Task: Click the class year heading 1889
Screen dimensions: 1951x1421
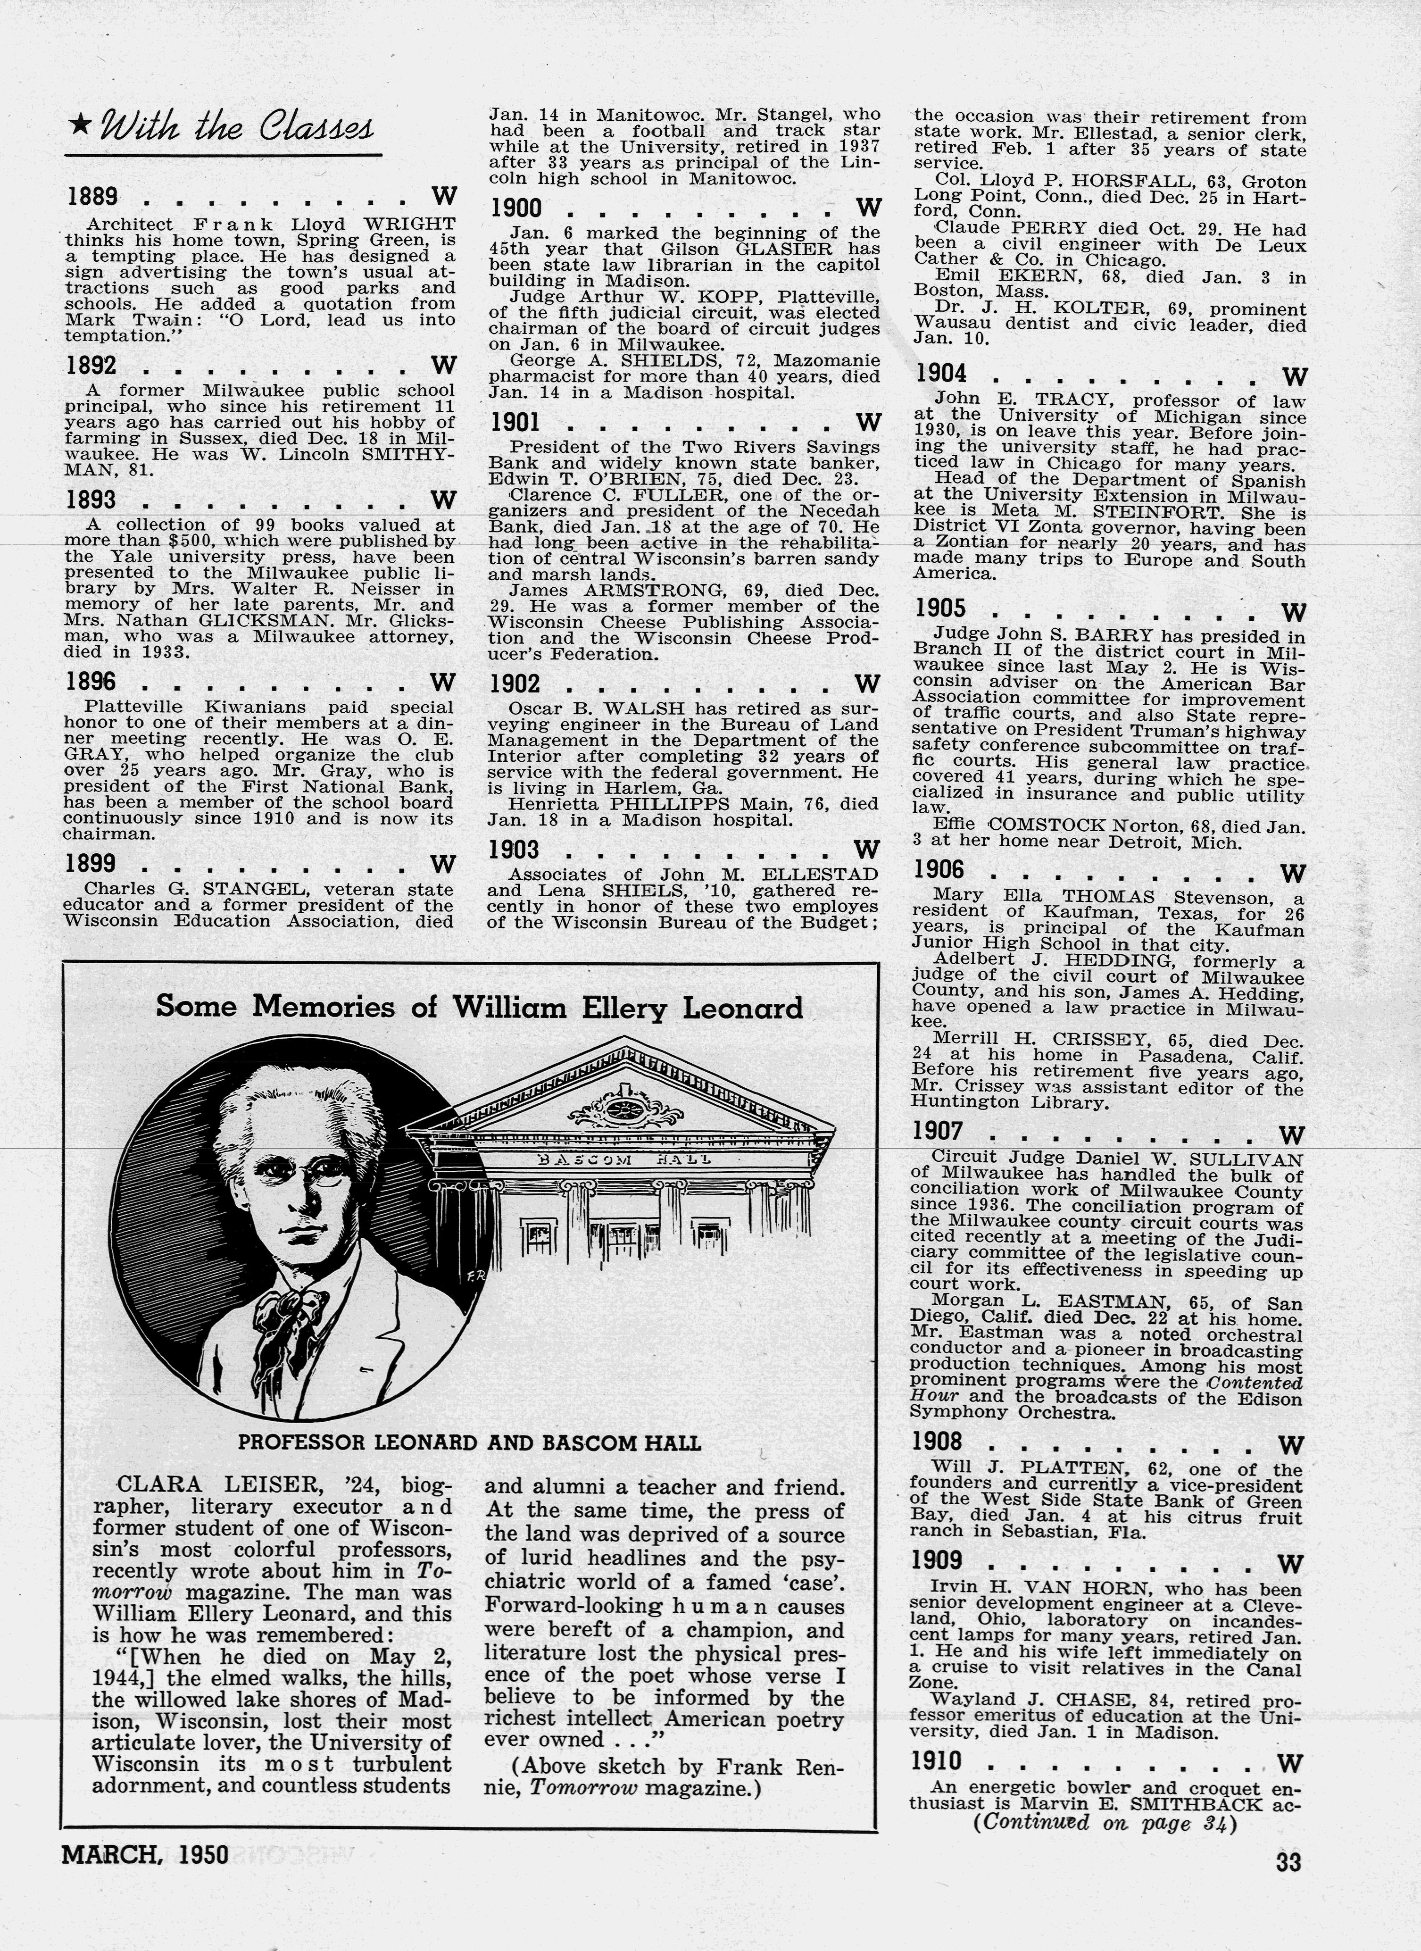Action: point(92,197)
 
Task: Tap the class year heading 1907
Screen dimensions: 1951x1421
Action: point(938,1131)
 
